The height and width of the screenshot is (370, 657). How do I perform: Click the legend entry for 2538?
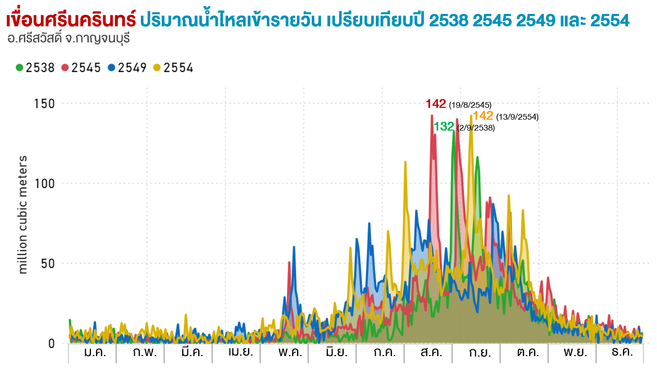36,68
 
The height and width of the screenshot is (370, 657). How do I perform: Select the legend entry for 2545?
82,68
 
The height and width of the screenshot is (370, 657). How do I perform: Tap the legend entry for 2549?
127,68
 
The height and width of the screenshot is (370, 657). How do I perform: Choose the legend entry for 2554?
173,68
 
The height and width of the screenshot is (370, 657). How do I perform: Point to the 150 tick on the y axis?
45,104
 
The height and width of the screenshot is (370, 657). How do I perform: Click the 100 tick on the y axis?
45,184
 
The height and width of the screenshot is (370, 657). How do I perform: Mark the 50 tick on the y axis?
48,264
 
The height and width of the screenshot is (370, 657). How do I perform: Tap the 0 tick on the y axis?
51,344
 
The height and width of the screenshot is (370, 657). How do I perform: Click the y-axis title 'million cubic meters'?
23,214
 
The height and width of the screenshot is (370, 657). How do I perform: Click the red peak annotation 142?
436,104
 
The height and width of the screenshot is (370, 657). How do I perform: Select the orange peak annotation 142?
483,116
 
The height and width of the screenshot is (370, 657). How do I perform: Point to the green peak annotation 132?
444,126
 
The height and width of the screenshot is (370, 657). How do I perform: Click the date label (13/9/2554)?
517,117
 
